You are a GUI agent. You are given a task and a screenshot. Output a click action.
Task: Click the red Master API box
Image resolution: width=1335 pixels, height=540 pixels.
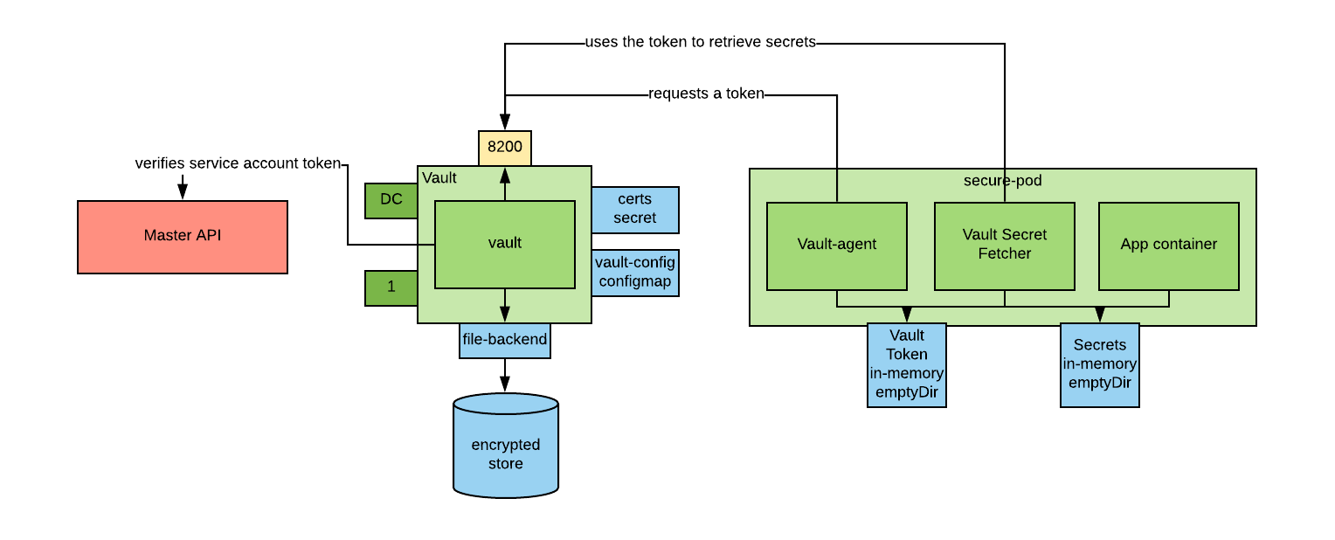[x=182, y=237]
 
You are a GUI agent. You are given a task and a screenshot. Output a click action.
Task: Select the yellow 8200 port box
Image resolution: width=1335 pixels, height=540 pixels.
[x=504, y=148]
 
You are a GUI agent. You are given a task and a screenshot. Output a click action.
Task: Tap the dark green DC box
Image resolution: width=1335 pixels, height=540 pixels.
[x=391, y=199]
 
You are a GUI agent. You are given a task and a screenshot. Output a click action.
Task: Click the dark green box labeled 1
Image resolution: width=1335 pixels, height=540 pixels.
[x=391, y=287]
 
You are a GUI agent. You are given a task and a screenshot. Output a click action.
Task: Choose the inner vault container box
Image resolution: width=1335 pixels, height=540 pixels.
[x=504, y=244]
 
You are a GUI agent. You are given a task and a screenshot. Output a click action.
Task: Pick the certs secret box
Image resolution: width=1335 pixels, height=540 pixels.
[x=634, y=209]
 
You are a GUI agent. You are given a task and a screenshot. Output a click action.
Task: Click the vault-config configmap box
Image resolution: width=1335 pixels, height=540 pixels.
[x=634, y=272]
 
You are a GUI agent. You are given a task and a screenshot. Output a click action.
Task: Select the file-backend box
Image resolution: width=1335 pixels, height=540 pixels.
[x=504, y=340]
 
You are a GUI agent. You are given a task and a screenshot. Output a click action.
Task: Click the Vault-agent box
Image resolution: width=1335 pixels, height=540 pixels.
[x=836, y=246]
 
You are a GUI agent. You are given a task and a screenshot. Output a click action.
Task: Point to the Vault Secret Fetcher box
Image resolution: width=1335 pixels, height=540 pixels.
[x=1004, y=246]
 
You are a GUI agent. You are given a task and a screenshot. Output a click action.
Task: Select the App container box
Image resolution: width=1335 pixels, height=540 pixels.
[x=1168, y=246]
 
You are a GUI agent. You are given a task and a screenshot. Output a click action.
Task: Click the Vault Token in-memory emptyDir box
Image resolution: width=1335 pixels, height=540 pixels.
[x=906, y=364]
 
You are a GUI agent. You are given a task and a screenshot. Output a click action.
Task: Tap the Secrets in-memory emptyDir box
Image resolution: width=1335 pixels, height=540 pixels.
[x=1099, y=364]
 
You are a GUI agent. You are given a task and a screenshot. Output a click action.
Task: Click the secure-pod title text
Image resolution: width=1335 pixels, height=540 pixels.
[x=1002, y=181]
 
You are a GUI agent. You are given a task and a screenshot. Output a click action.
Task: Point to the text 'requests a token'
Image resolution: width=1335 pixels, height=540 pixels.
[x=706, y=93]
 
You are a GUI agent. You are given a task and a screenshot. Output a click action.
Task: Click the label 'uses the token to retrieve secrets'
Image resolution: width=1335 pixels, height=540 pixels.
[x=700, y=42]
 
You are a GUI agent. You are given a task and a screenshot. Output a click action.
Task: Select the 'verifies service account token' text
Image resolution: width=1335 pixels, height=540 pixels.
[x=237, y=163]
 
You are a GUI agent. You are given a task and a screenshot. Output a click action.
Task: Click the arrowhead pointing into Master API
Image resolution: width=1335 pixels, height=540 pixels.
[x=183, y=192]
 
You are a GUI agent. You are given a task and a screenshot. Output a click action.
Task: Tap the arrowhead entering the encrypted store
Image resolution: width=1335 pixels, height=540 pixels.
[x=505, y=384]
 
